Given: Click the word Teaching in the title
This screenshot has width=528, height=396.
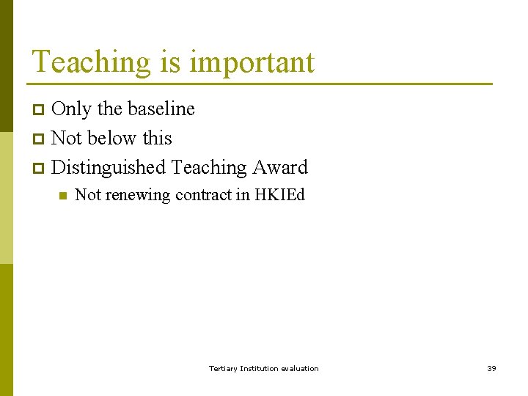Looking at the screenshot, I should (91, 62).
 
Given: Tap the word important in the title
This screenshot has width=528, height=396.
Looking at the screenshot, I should (252, 63).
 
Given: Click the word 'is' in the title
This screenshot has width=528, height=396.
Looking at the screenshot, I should (170, 62).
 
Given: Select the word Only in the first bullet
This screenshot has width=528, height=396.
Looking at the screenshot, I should (72, 109).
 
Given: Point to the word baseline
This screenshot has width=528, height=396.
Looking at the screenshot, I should (161, 109).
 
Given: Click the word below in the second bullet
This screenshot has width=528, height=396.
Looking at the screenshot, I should (114, 138).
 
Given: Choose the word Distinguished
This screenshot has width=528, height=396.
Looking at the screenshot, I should (109, 168).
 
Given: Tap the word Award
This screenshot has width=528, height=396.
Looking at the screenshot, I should (280, 167).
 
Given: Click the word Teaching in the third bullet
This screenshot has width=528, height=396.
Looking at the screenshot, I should (209, 168).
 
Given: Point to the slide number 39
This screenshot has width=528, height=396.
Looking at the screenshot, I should (491, 368).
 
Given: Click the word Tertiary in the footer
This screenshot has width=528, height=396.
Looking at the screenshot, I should (223, 368).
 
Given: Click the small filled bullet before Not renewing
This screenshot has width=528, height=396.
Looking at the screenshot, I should (62, 196).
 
